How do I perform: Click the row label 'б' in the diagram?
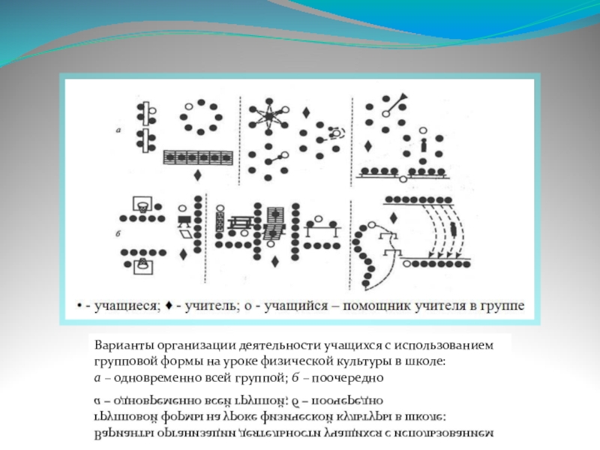[x=118, y=234]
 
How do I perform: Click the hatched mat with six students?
[x=196, y=157]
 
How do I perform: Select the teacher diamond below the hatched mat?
[x=196, y=175]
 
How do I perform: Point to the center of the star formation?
[x=270, y=116]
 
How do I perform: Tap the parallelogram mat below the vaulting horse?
[x=184, y=235]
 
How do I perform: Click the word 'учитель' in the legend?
[x=199, y=305]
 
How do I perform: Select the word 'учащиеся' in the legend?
[x=123, y=305]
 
